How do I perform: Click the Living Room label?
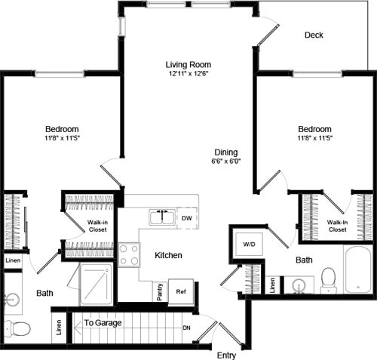(x=188, y=64)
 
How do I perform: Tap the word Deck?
(x=314, y=35)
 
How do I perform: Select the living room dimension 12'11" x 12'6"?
(x=188, y=74)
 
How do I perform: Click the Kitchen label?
(x=168, y=256)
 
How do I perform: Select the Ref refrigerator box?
(x=181, y=291)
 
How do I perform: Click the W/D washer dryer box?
(x=248, y=244)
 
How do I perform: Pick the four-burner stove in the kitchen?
(x=129, y=254)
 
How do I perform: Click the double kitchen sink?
(x=161, y=218)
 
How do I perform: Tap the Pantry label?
(x=160, y=292)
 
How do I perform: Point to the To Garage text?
(x=103, y=323)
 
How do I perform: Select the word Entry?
(x=227, y=355)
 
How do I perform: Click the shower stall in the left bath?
(x=96, y=284)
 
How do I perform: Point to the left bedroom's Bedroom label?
(x=61, y=129)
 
